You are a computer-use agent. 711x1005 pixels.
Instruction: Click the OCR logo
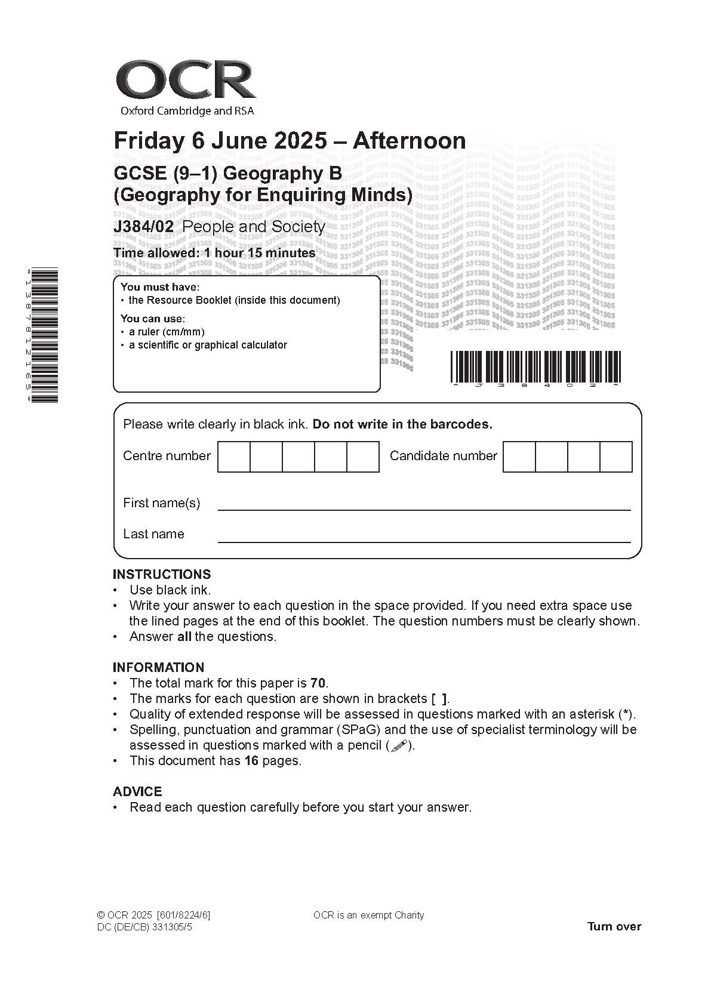click(186, 81)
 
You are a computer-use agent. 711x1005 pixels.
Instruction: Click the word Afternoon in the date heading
click(409, 141)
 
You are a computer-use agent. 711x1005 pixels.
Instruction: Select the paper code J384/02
click(143, 227)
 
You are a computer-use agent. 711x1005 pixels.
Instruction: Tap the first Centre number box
click(234, 457)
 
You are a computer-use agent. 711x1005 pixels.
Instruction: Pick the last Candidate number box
click(615, 457)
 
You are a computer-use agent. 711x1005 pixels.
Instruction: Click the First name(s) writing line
click(424, 508)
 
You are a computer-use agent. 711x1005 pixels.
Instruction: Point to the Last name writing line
click(424, 540)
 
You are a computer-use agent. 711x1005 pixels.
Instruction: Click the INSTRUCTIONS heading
click(162, 574)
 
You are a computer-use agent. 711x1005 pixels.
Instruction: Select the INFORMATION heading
click(158, 667)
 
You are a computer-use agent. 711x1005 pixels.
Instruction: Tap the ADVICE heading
click(137, 791)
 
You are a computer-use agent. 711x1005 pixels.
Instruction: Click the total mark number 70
click(318, 683)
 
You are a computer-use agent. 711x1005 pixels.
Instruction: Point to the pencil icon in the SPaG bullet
click(399, 745)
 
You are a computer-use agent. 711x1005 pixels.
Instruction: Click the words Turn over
click(614, 926)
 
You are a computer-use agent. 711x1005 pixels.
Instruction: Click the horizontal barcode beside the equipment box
click(535, 366)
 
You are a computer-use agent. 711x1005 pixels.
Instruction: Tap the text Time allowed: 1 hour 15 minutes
click(214, 253)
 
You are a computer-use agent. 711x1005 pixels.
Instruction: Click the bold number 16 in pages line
click(251, 761)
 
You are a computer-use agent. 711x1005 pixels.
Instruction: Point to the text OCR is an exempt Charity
click(368, 915)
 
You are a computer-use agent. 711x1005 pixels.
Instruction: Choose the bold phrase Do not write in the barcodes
click(402, 424)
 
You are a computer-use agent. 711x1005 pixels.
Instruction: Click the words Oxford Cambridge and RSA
click(187, 111)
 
